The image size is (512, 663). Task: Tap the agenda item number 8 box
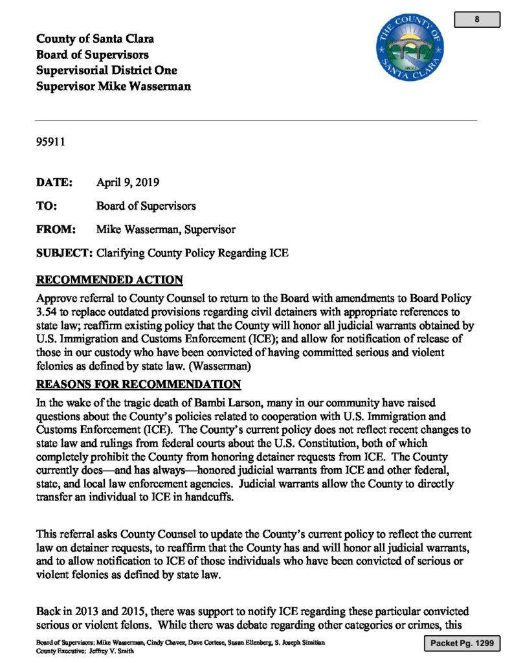[x=476, y=19]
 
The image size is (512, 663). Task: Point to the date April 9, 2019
[x=128, y=183]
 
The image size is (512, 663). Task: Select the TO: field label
[x=47, y=206]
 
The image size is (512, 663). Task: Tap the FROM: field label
[x=56, y=229]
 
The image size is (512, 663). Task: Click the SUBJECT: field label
[x=64, y=253]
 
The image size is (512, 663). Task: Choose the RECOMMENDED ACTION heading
[x=109, y=280]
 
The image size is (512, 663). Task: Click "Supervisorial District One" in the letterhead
[x=106, y=70]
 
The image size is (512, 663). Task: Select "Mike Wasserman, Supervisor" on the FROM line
[x=166, y=229]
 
